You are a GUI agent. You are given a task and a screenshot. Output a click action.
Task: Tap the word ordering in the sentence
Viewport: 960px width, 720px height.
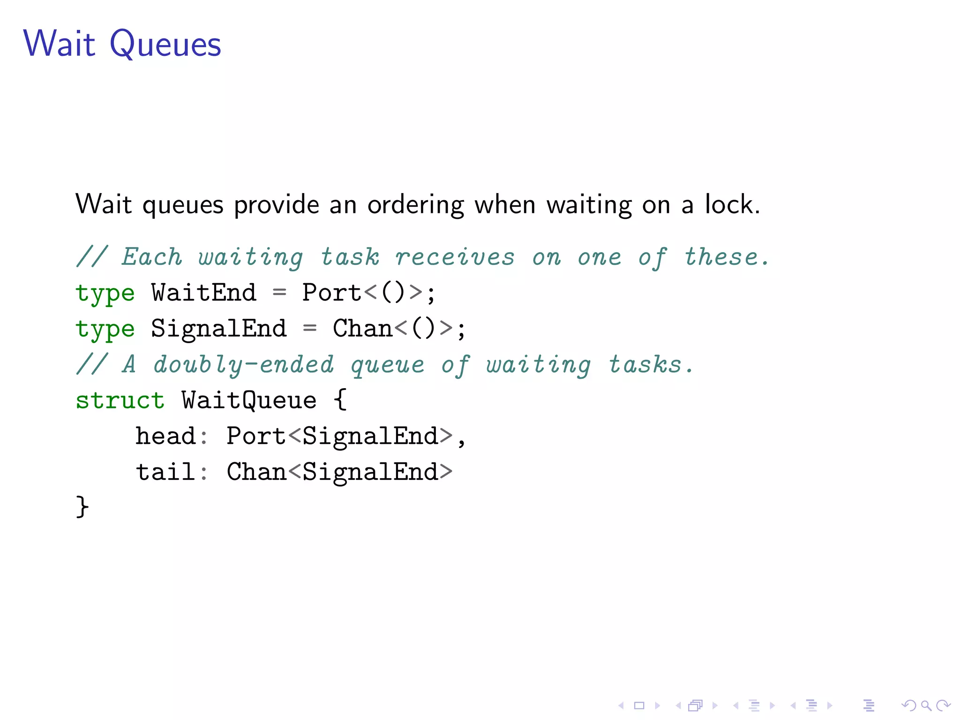(x=415, y=205)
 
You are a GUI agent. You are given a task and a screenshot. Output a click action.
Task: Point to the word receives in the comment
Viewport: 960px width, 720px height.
(x=454, y=257)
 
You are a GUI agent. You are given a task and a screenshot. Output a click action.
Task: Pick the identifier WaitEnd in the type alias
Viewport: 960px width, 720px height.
(x=204, y=292)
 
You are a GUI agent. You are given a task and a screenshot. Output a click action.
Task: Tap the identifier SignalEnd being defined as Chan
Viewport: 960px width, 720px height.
(x=218, y=328)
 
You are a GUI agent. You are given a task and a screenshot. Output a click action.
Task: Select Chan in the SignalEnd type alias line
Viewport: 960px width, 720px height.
(x=362, y=328)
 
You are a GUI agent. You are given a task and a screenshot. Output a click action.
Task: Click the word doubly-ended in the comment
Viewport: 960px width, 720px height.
(x=244, y=364)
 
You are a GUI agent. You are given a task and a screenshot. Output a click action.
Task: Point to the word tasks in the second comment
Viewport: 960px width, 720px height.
(x=645, y=364)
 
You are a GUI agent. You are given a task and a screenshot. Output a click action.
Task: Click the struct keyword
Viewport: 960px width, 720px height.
(x=120, y=400)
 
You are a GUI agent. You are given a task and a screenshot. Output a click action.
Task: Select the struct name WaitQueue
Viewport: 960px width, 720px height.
(x=249, y=400)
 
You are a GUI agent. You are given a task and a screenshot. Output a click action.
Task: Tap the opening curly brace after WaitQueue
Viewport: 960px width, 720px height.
(x=340, y=400)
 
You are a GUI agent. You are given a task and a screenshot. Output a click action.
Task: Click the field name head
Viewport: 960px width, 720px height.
(x=165, y=436)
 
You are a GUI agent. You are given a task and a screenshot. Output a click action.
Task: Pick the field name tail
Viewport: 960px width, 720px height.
(x=165, y=472)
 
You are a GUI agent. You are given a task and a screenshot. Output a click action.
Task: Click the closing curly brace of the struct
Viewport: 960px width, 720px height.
(x=82, y=507)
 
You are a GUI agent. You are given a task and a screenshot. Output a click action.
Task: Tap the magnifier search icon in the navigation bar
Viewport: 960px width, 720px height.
(x=926, y=705)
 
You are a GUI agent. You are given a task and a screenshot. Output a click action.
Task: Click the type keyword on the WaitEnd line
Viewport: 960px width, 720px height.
(x=105, y=293)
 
